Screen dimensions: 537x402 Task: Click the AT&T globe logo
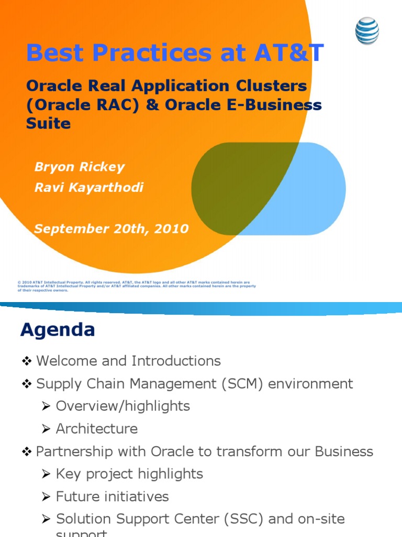[x=367, y=31]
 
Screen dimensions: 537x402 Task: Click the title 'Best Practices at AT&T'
[x=175, y=53]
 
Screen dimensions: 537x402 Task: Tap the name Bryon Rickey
[x=80, y=167]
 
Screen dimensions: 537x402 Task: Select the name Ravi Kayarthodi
[x=89, y=188]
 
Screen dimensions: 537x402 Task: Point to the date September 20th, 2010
[x=111, y=229]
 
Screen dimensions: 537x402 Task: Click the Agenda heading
[x=58, y=330]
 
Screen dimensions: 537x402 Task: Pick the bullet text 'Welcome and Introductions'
[x=128, y=361]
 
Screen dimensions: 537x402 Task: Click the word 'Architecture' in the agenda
[x=97, y=428]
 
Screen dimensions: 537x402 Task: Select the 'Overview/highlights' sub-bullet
[x=123, y=406]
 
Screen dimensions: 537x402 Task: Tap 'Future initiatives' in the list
[x=113, y=496]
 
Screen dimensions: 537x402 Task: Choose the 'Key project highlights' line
[x=129, y=474]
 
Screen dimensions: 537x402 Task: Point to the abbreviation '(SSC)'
[x=251, y=519]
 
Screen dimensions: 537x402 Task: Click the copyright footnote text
[x=136, y=286]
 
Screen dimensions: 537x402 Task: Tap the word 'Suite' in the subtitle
[x=48, y=124]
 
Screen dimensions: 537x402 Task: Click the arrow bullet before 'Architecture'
[x=47, y=429]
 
